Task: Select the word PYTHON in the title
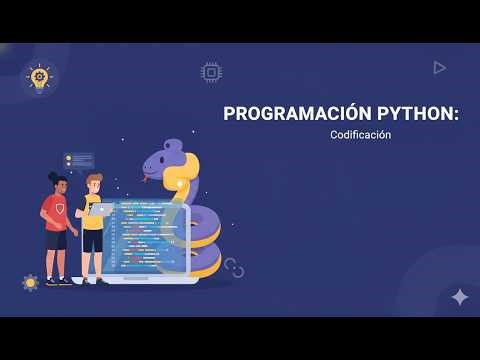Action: pyautogui.click(x=408, y=114)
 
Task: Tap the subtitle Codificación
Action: pyautogui.click(x=360, y=135)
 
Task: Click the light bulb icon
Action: pyautogui.click(x=39, y=77)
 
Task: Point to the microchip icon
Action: pyautogui.click(x=211, y=72)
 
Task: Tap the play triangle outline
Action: pyautogui.click(x=439, y=67)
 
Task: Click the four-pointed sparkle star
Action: pyautogui.click(x=459, y=297)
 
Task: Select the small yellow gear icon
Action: pyautogui.click(x=30, y=283)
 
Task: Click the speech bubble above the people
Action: pyautogui.click(x=80, y=160)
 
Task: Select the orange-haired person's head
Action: pyautogui.click(x=93, y=184)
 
